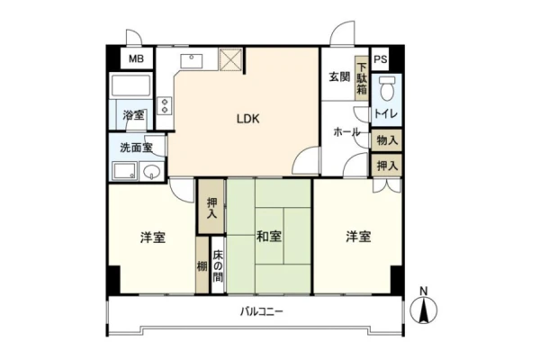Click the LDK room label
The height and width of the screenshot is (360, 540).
248,119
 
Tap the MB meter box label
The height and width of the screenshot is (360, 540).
137,58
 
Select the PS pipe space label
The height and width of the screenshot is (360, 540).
381,59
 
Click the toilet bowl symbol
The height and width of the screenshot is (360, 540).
387,88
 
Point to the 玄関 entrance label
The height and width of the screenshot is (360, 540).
339,76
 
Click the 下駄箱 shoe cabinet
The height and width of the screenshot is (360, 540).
362,78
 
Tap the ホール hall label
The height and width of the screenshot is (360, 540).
346,132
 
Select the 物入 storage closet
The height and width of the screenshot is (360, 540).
387,140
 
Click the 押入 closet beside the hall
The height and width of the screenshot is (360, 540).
387,166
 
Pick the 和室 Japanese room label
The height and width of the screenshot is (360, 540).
269,237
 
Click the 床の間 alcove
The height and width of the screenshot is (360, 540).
218,265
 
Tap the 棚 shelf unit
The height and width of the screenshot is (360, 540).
202,265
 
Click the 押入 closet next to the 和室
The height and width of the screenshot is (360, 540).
211,206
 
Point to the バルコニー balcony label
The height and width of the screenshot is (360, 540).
262,312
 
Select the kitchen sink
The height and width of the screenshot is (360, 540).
192,61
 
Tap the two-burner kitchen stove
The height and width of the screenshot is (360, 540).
165,106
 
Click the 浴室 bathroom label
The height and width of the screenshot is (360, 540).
133,115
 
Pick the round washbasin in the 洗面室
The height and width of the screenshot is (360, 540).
152,171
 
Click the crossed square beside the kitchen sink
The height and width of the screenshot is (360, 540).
230,59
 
